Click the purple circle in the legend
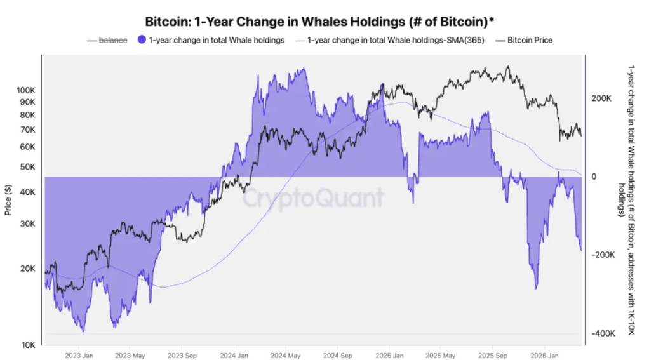[142, 40]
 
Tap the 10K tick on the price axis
[28, 345]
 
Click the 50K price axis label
[27, 167]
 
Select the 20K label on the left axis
[27, 269]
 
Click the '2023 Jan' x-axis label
[79, 355]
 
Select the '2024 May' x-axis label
[286, 355]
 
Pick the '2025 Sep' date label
[493, 355]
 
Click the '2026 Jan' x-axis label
[544, 355]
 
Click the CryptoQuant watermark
[313, 197]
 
